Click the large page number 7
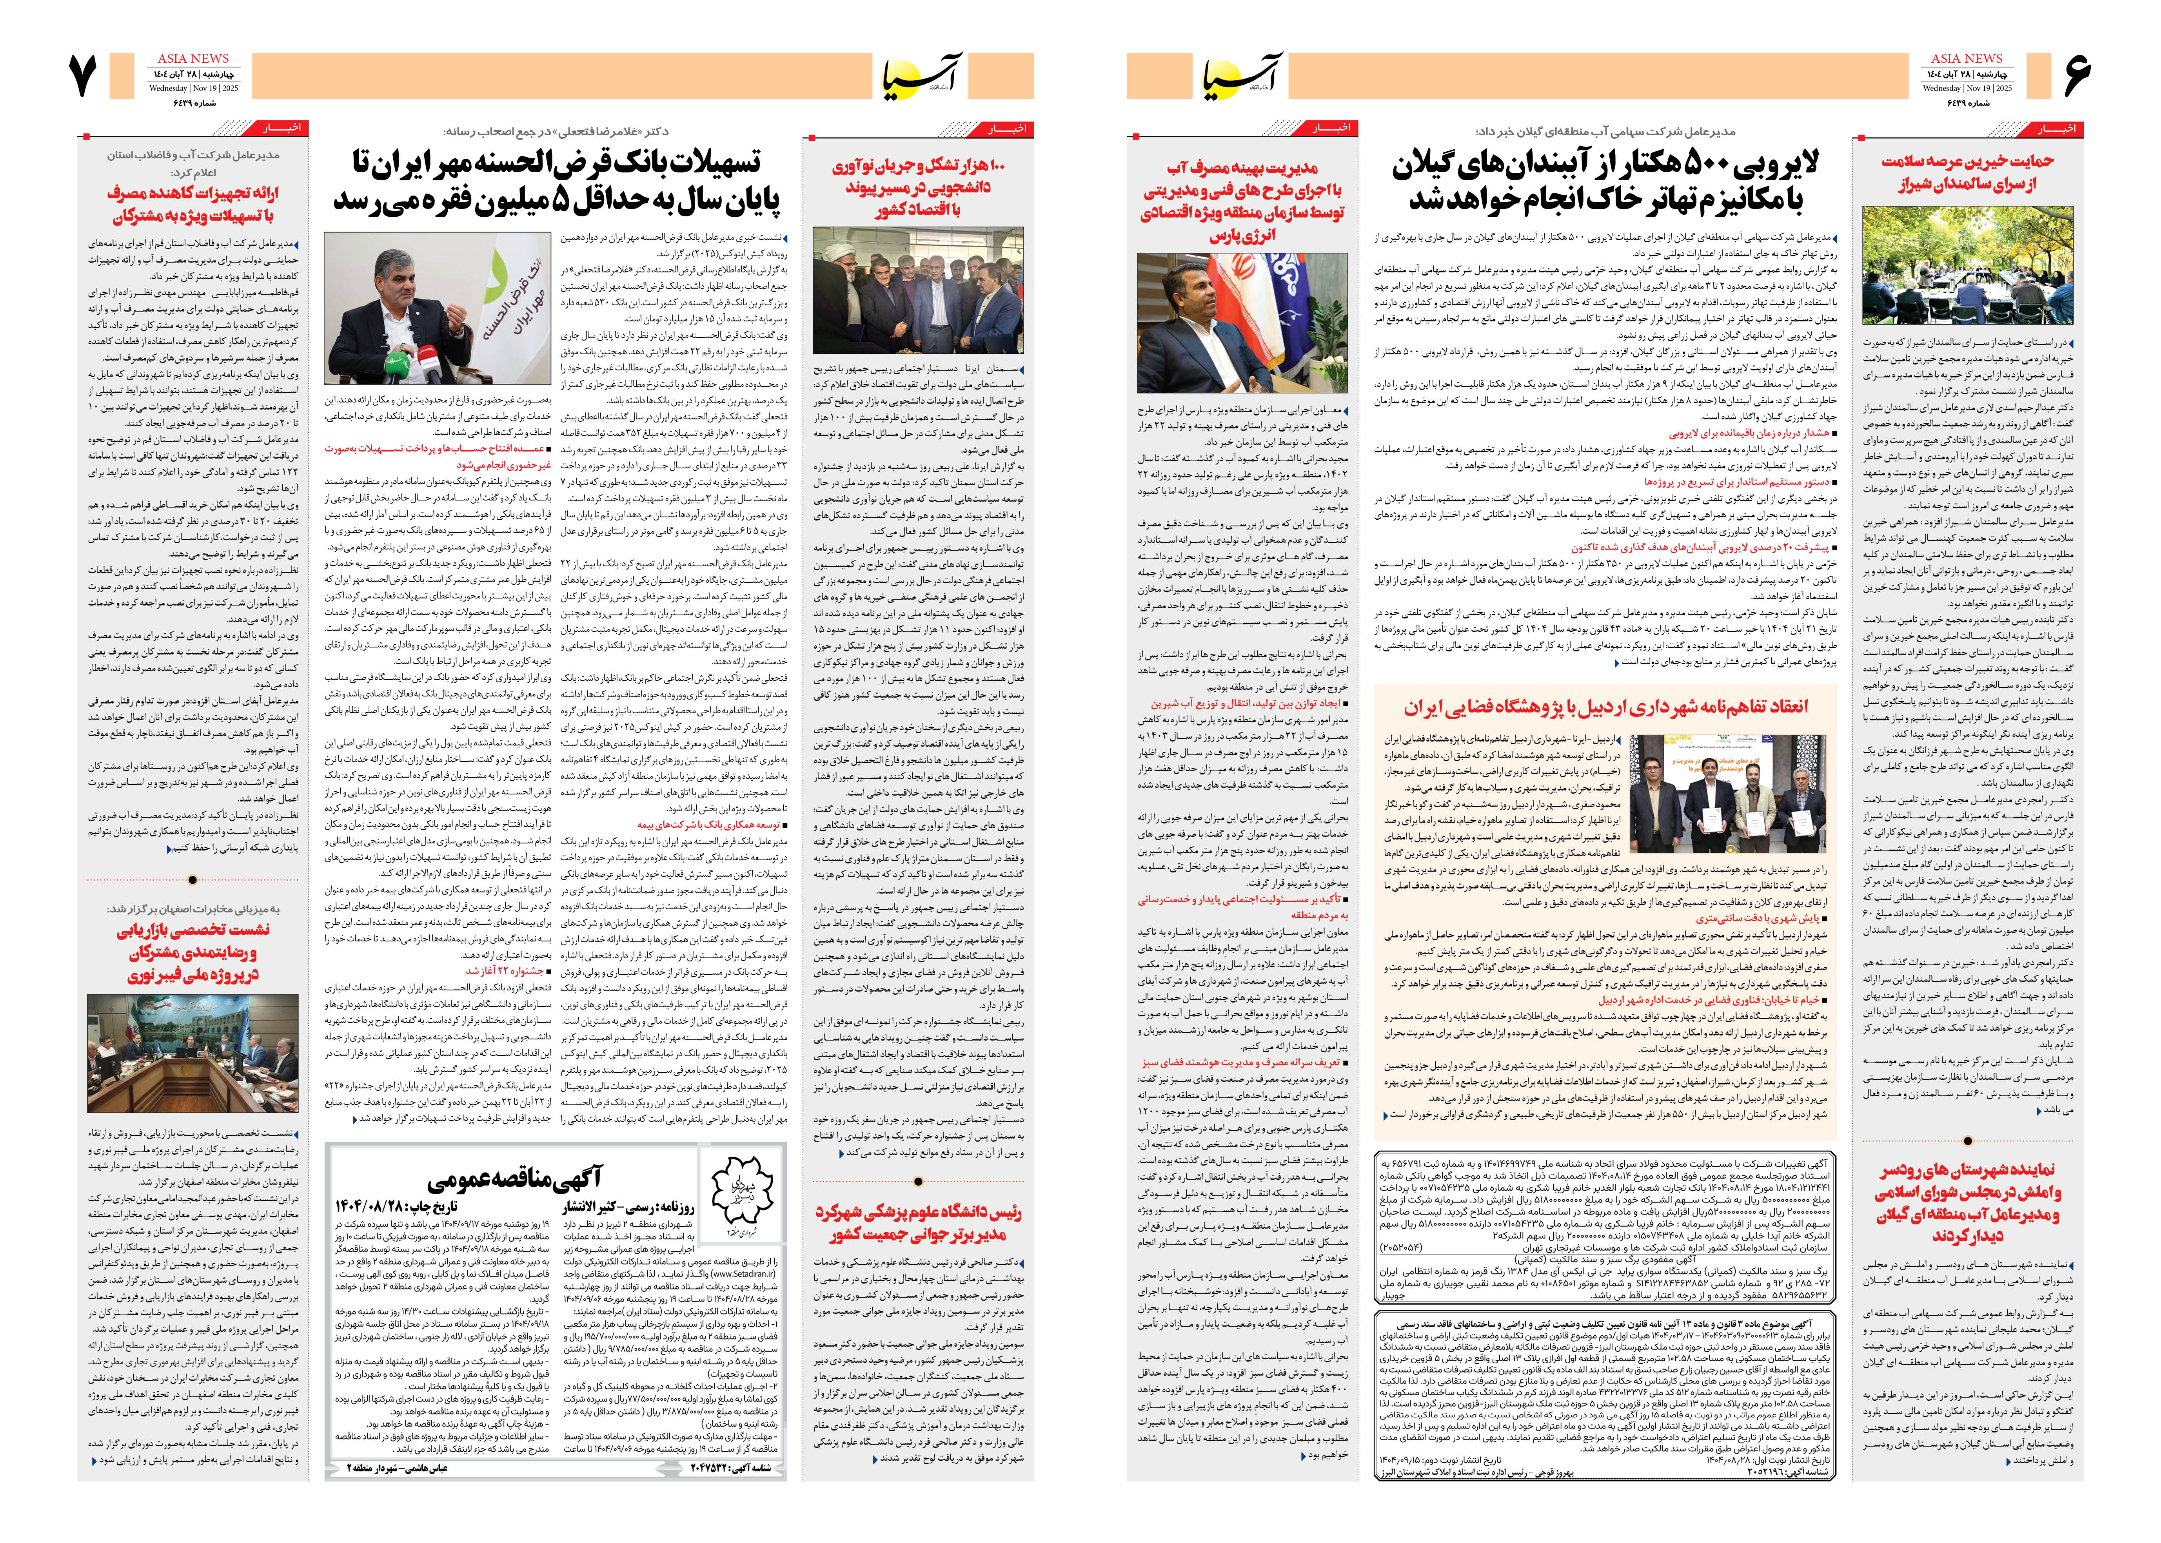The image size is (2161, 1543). point(84,76)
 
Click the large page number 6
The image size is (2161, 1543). point(2077,76)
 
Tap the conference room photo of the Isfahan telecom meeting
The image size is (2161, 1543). point(193,1053)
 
